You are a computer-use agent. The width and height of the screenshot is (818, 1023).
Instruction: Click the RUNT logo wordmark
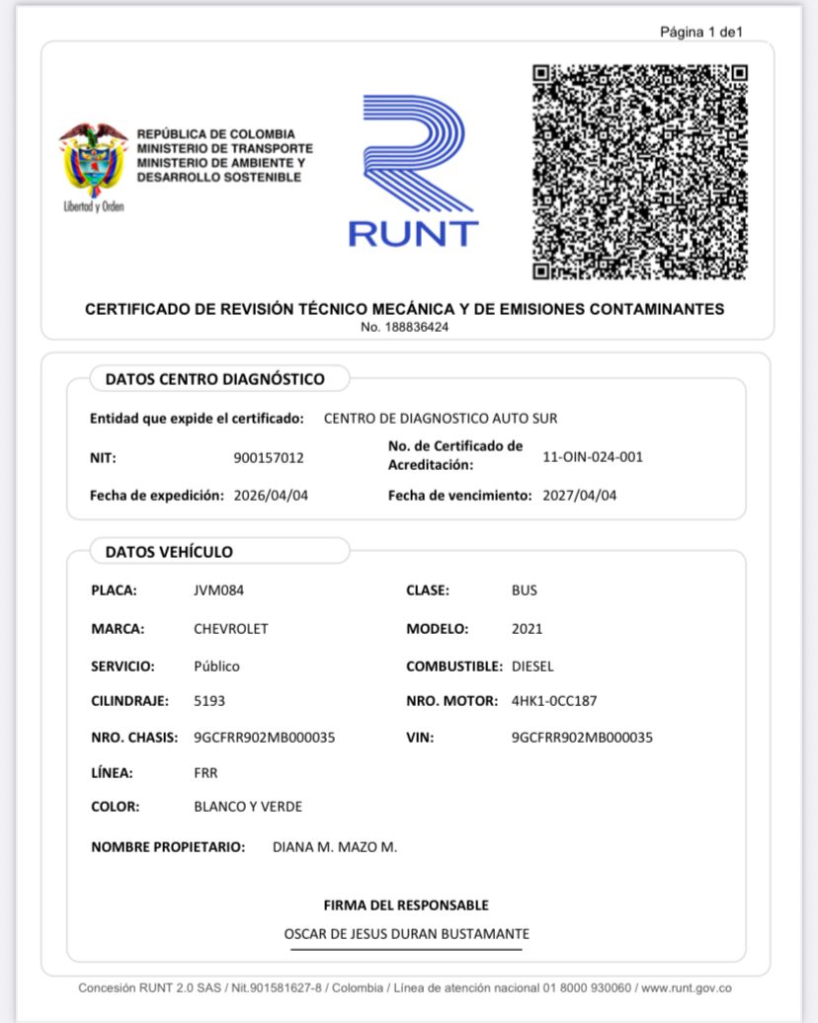pyautogui.click(x=413, y=233)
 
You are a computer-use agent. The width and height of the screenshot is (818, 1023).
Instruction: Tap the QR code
pyautogui.click(x=639, y=172)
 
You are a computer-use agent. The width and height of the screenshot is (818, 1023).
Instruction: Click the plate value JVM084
pyautogui.click(x=218, y=590)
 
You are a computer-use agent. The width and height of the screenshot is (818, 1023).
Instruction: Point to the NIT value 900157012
pyautogui.click(x=269, y=457)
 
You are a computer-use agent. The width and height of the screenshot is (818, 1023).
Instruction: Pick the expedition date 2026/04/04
pyautogui.click(x=271, y=496)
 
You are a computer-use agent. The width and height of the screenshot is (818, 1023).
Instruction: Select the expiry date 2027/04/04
pyautogui.click(x=579, y=496)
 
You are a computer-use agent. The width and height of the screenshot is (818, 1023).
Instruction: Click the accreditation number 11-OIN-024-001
pyautogui.click(x=593, y=457)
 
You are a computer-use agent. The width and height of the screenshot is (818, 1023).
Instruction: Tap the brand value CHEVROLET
pyautogui.click(x=230, y=629)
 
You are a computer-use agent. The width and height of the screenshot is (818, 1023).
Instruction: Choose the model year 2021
pyautogui.click(x=527, y=629)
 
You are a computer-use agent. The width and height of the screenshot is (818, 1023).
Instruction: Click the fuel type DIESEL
pyautogui.click(x=532, y=667)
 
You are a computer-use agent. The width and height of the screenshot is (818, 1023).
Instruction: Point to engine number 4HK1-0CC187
pyautogui.click(x=554, y=701)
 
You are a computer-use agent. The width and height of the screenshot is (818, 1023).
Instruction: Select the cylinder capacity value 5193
pyautogui.click(x=209, y=701)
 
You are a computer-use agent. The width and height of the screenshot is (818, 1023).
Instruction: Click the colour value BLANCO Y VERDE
pyautogui.click(x=248, y=807)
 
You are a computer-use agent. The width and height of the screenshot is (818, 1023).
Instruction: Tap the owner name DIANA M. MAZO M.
pyautogui.click(x=334, y=847)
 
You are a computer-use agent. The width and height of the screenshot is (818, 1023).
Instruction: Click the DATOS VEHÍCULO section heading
pyautogui.click(x=169, y=552)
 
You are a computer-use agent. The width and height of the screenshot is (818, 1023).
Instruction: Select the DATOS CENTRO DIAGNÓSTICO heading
pyautogui.click(x=214, y=378)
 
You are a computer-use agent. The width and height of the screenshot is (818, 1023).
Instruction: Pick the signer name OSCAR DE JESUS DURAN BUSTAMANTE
pyautogui.click(x=406, y=934)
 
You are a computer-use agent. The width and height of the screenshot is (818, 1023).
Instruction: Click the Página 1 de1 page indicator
pyautogui.click(x=700, y=33)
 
